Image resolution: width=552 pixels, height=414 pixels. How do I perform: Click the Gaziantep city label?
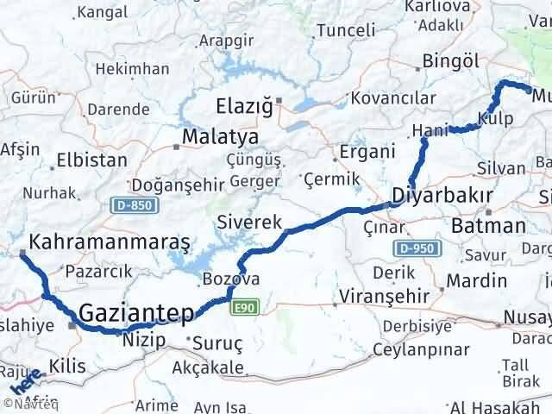tap(136, 312)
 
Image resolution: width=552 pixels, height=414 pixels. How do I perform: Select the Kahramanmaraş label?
tap(109, 241)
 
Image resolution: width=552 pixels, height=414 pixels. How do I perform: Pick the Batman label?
tap(488, 226)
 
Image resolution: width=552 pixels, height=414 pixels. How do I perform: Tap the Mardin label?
tap(477, 280)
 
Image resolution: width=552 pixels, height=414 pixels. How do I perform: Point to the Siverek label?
tap(250, 222)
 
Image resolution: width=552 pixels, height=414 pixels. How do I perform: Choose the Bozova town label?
tap(231, 279)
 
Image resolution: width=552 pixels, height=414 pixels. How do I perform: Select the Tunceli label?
tap(346, 30)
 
